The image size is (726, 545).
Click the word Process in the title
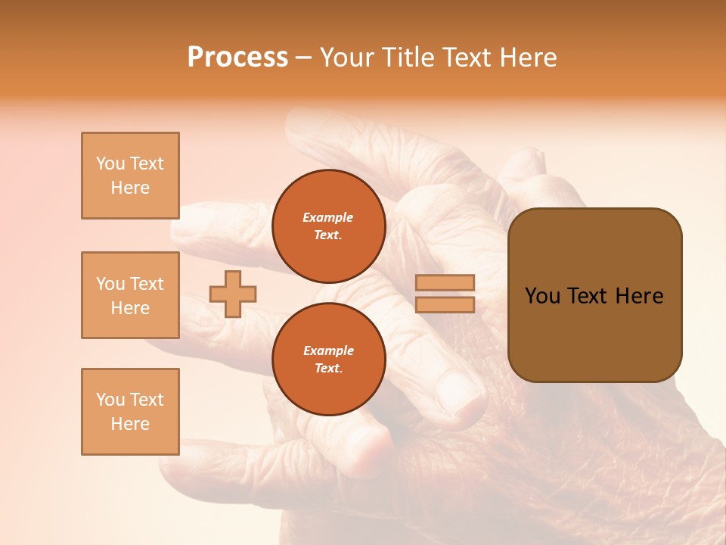237,58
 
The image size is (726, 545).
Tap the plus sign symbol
233,294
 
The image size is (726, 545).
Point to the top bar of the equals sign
445,282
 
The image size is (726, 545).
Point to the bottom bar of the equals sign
445,304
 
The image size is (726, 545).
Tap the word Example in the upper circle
328,217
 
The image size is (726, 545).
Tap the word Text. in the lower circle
328,368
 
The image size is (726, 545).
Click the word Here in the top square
130,188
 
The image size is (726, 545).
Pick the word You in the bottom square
110,400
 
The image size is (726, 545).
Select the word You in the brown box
542,296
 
